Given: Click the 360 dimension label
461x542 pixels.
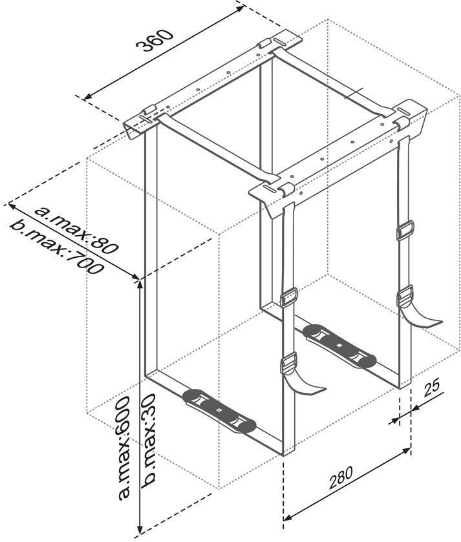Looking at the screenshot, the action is (x=153, y=41).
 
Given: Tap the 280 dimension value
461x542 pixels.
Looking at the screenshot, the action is (x=341, y=477).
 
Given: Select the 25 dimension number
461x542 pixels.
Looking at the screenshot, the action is (x=432, y=387).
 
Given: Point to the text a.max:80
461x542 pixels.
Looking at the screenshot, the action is (x=77, y=229).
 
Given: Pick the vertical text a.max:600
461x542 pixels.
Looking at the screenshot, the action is (x=123, y=448).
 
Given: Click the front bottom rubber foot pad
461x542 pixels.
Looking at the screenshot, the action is (x=219, y=411).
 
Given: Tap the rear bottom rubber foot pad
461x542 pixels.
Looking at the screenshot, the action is (x=339, y=345).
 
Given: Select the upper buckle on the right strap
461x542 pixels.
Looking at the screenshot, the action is (x=405, y=229).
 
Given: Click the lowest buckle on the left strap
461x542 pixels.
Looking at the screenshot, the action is (x=289, y=363).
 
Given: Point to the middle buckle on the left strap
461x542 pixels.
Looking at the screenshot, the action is (x=289, y=297).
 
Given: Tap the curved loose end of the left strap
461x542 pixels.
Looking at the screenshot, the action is (x=305, y=385).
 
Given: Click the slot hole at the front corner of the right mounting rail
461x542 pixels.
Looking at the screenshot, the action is (x=270, y=189).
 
